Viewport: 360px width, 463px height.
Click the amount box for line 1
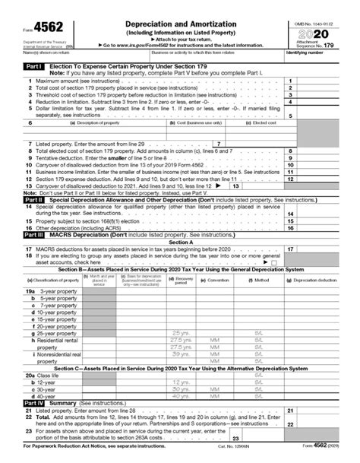pos(326,80)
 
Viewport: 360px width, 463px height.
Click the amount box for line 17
pos(326,249)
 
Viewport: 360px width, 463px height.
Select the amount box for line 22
pos(326,424)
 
